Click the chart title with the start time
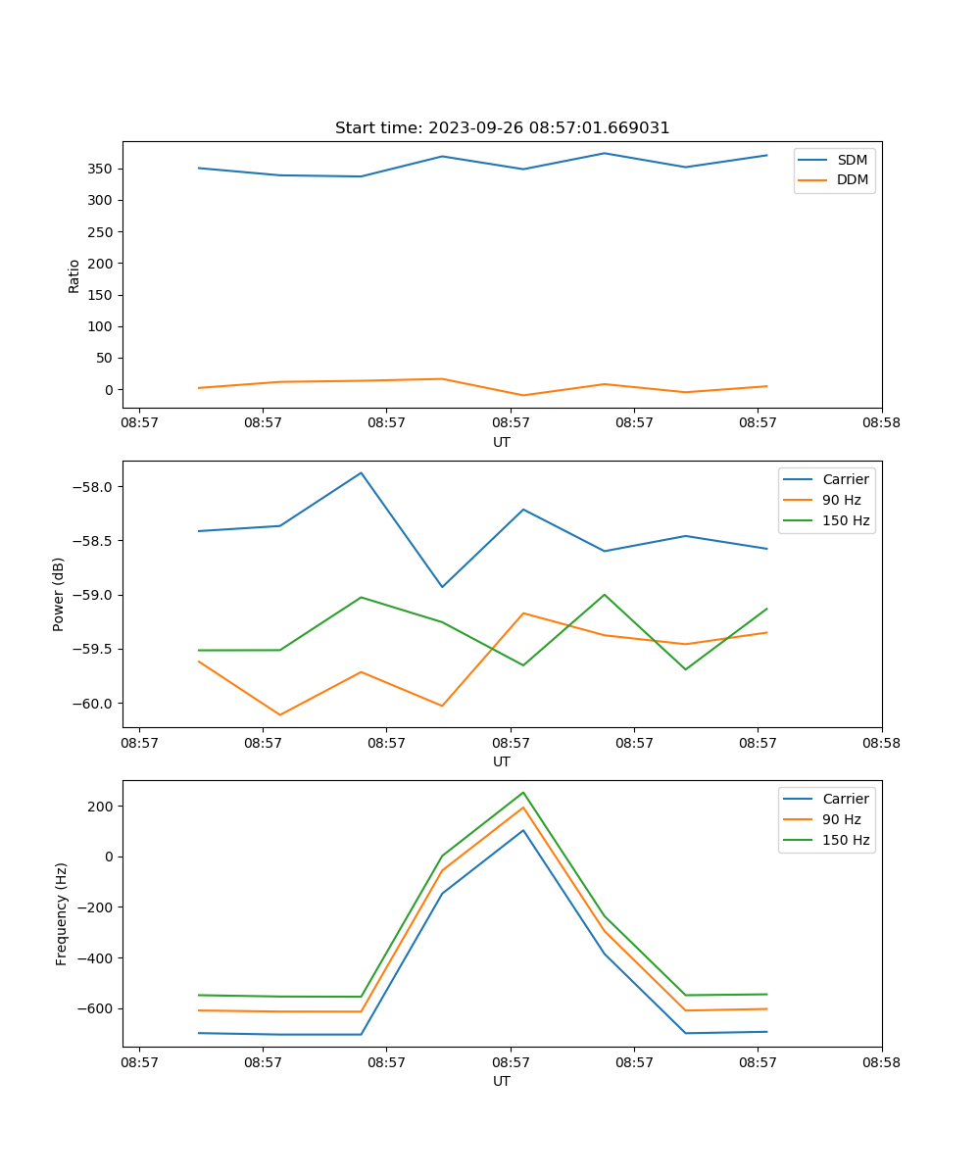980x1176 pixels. (x=502, y=128)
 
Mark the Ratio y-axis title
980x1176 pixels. (x=74, y=275)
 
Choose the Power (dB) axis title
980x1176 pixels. (x=59, y=594)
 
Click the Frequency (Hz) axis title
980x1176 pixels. (x=61, y=913)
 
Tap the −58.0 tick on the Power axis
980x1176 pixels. (x=94, y=487)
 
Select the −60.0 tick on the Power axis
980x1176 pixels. (x=94, y=703)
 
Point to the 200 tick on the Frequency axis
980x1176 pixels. (x=103, y=807)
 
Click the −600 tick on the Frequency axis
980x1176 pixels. (x=96, y=1008)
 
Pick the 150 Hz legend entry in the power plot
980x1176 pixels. (x=845, y=520)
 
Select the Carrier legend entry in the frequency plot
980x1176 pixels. (x=845, y=799)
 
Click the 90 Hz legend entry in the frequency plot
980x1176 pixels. (x=841, y=819)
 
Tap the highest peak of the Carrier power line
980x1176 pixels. (x=361, y=473)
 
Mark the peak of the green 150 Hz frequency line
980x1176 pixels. (x=523, y=793)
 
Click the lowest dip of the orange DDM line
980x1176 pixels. (x=523, y=396)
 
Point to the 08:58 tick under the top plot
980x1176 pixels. (x=881, y=423)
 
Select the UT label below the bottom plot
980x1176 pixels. (x=502, y=1081)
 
